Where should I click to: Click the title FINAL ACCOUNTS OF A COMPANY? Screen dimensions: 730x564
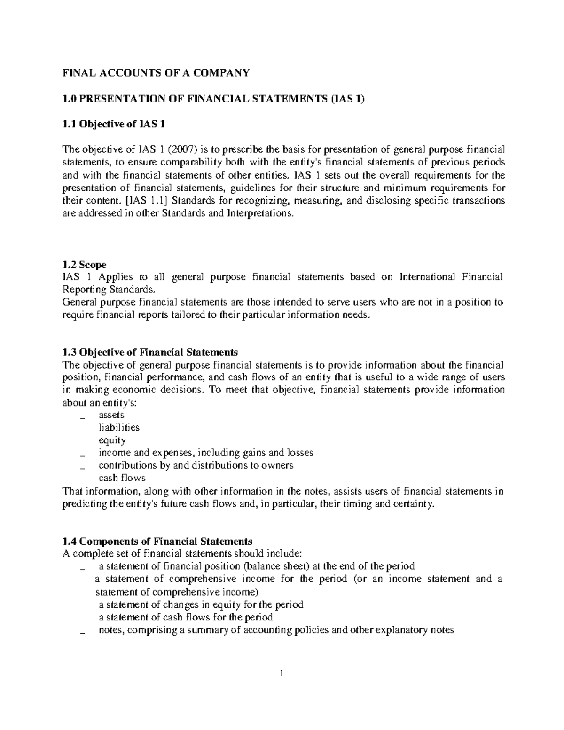coord(156,73)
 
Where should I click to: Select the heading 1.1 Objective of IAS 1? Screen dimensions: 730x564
coord(114,124)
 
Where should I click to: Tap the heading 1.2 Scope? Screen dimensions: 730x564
coord(84,265)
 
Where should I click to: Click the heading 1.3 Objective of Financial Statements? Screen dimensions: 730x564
coord(150,352)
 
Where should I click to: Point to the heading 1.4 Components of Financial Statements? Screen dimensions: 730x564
coord(157,541)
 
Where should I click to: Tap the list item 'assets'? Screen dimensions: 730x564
coord(111,415)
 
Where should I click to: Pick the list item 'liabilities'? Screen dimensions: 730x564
coord(118,428)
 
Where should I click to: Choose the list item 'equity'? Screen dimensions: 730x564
coord(112,440)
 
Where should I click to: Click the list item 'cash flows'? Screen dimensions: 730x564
coord(122,478)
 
